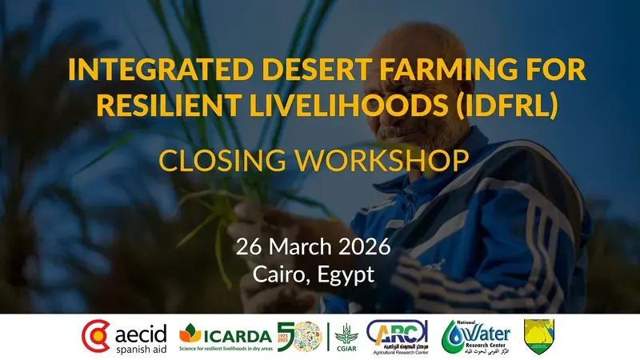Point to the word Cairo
279,274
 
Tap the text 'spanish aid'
140,349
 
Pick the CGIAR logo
346,337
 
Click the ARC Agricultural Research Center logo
398,337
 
